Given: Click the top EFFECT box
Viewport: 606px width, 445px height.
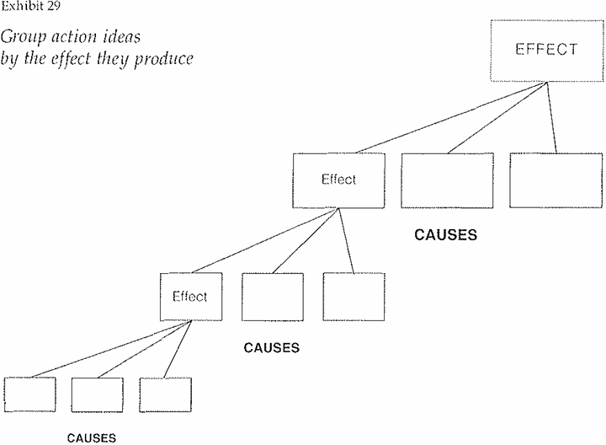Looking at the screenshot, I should [x=546, y=49].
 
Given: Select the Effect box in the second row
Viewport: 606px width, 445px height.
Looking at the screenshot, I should [x=338, y=180].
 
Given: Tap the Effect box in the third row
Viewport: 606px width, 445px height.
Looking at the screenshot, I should [x=189, y=297].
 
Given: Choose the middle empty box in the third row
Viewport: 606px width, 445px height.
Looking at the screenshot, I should [x=272, y=297].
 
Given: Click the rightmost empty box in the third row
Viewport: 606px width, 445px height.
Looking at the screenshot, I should [x=353, y=297].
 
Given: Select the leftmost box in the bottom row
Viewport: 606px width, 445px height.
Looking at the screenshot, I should [x=29, y=399].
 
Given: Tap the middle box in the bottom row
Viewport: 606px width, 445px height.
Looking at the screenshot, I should [x=97, y=399].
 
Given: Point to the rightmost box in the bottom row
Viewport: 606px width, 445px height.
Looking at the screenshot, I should [x=165, y=399].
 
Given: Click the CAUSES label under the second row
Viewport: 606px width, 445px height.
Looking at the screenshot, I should [x=446, y=235].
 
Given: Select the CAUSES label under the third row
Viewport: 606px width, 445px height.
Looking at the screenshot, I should [x=271, y=346].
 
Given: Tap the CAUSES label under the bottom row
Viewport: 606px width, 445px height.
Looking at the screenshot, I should [x=92, y=437].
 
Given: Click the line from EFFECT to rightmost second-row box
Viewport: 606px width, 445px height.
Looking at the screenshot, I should [x=552, y=117].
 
